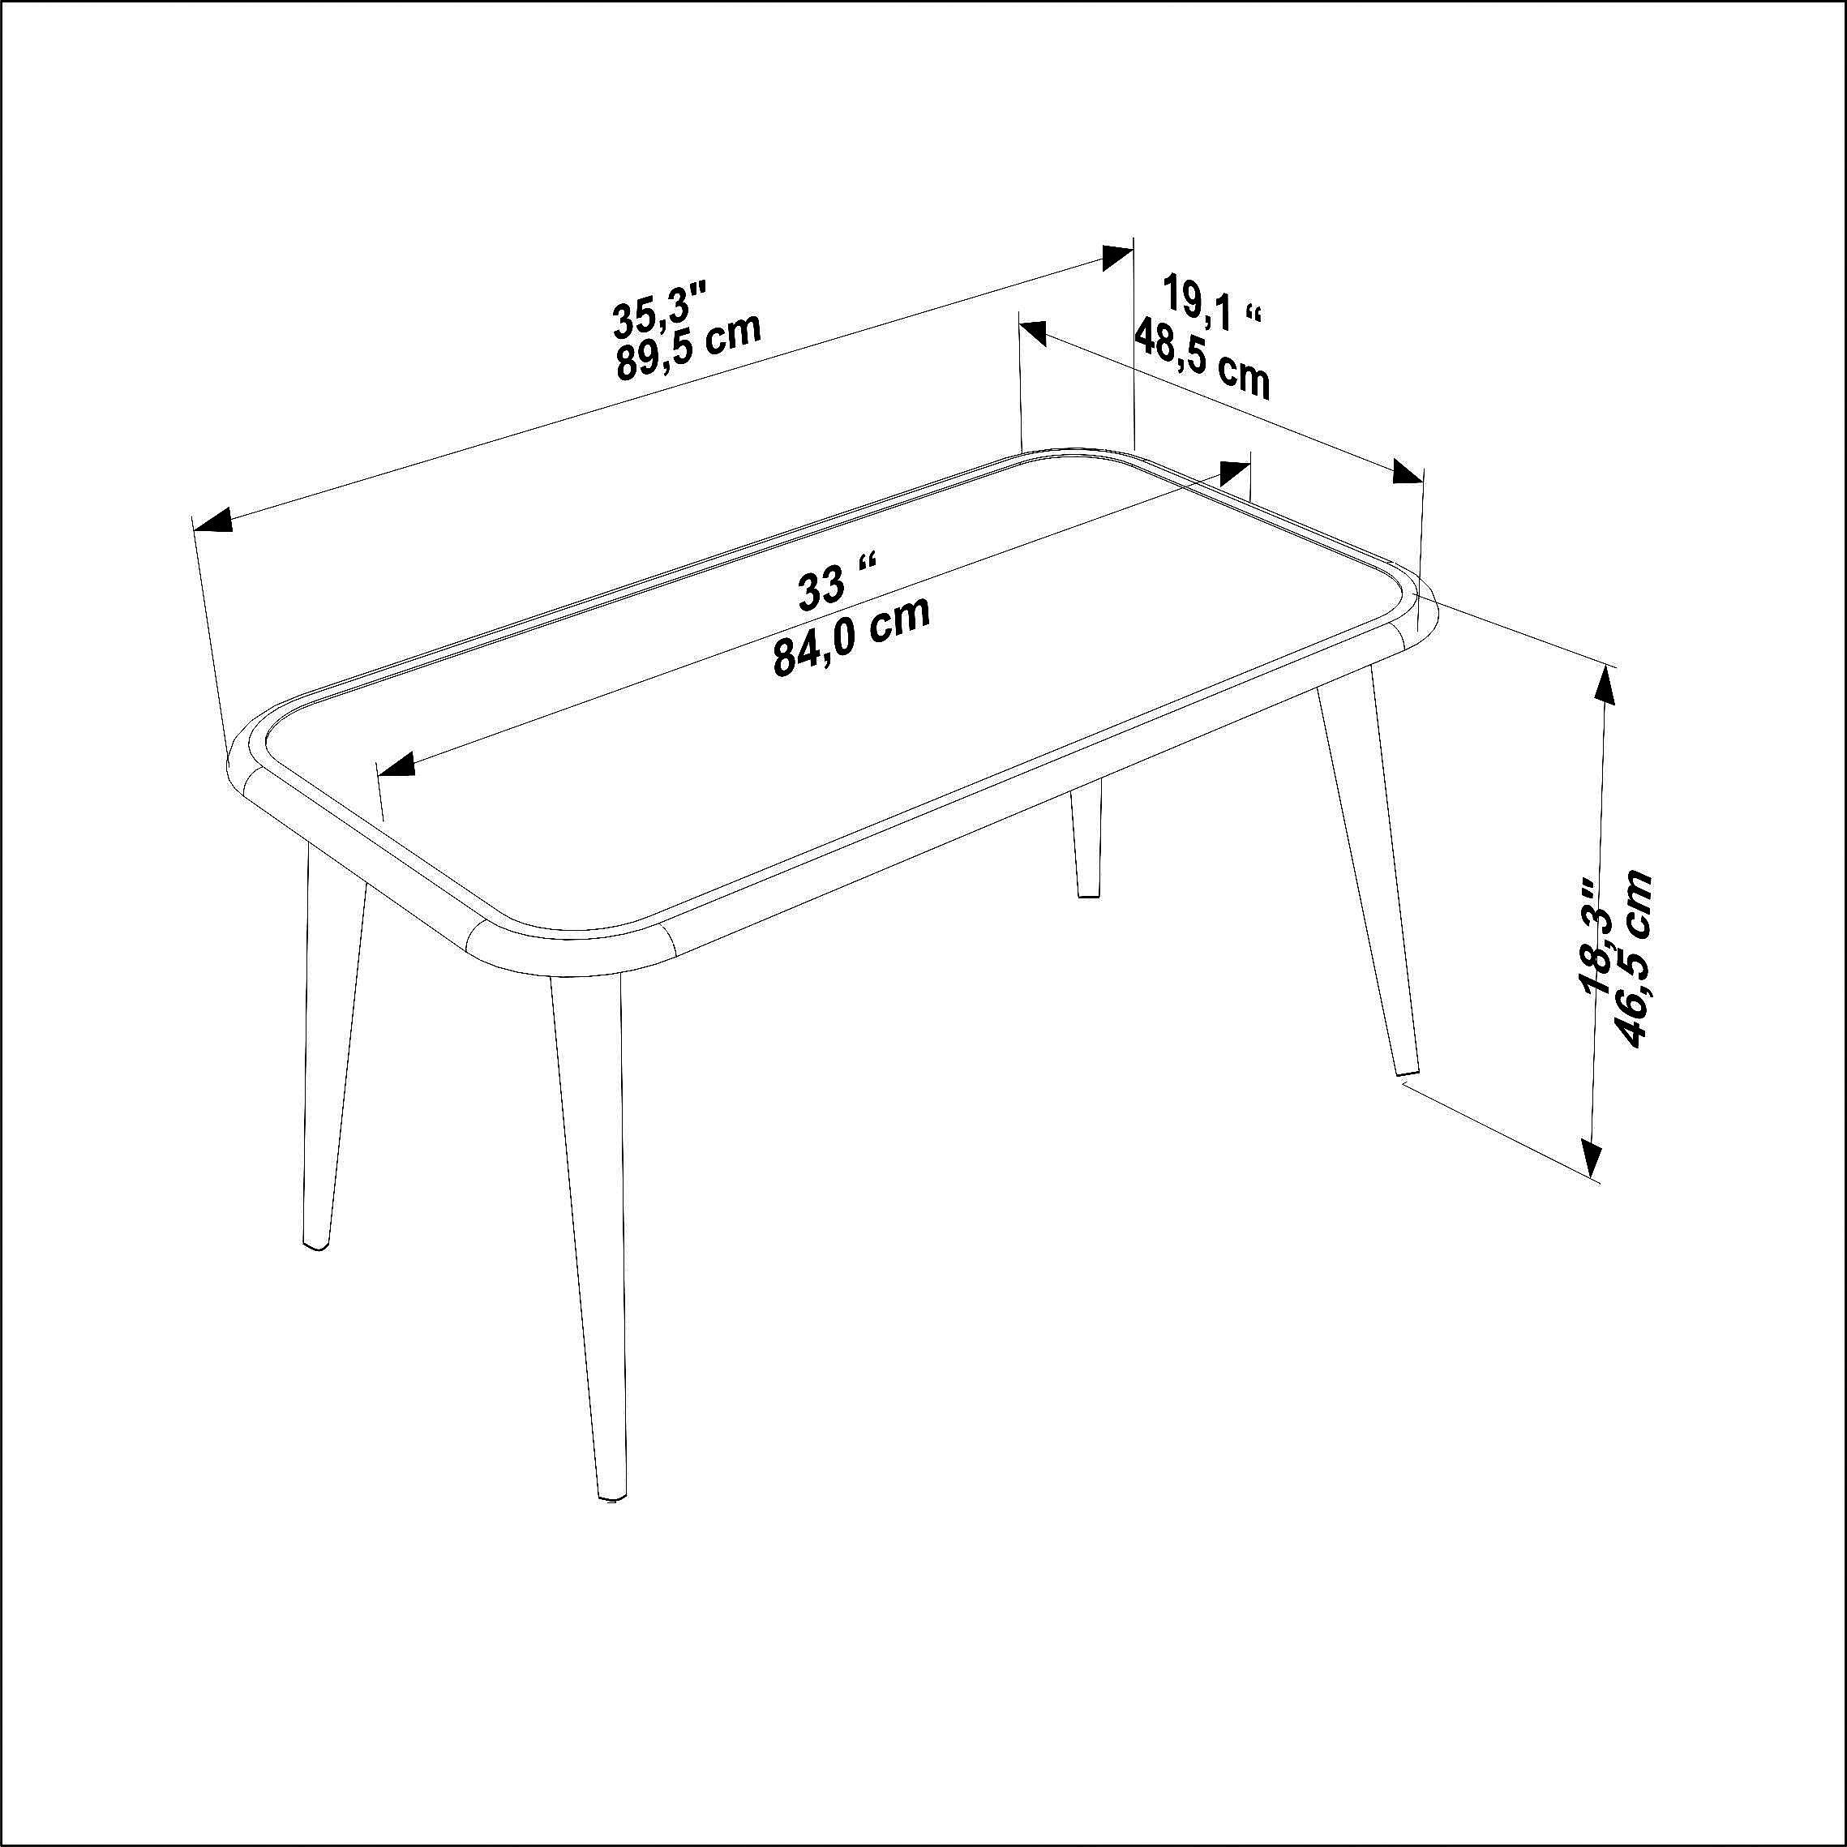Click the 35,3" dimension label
click(x=660, y=309)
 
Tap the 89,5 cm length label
click(x=688, y=346)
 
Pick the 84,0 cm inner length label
click(x=851, y=636)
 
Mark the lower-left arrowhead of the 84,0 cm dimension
click(x=396, y=764)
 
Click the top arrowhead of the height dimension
click(x=1605, y=683)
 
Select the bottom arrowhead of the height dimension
click(x=1590, y=1160)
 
